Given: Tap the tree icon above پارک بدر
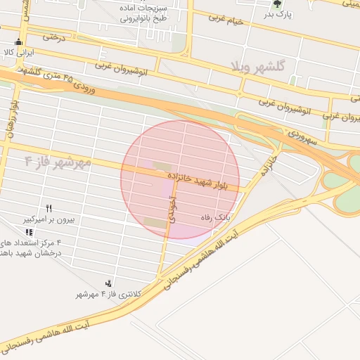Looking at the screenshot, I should click(276, 4).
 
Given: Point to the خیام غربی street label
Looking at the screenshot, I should click(224, 20).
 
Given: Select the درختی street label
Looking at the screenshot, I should click(53, 36).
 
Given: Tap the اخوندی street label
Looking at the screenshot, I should click(171, 210).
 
